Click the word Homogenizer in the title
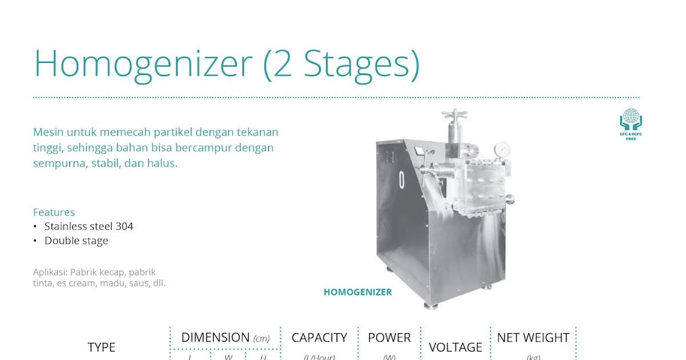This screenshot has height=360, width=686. (143, 63)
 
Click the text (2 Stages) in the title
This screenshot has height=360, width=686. (341, 63)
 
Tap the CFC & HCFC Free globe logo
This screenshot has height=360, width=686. (631, 121)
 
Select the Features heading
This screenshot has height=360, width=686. (54, 212)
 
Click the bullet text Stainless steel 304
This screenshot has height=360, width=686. (89, 226)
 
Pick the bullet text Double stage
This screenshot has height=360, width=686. (76, 241)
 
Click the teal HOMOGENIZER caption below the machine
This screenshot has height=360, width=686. (358, 292)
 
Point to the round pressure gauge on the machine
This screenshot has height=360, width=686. (502, 149)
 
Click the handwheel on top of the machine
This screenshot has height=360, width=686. (454, 115)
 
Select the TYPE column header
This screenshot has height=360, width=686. (101, 347)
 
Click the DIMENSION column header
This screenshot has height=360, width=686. (216, 337)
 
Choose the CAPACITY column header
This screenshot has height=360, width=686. (319, 338)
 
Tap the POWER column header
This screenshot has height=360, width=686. (389, 338)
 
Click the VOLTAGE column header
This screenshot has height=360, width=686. (455, 347)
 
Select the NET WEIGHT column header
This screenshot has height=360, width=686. (533, 338)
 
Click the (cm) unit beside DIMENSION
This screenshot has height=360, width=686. (261, 338)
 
